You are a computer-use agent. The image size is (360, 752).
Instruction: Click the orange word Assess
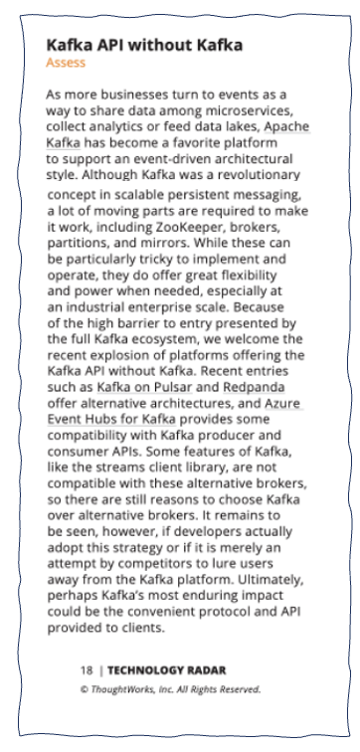pos(66,63)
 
